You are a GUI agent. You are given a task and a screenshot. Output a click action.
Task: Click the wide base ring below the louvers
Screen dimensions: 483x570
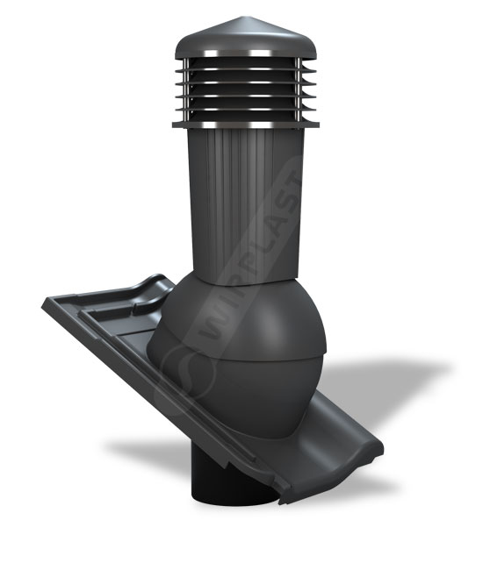246,125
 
